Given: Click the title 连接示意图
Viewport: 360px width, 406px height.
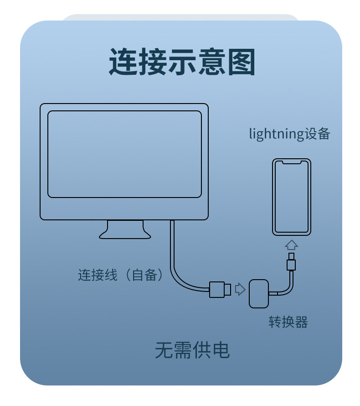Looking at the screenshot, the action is [x=181, y=62].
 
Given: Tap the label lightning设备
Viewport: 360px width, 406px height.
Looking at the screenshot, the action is [x=289, y=134].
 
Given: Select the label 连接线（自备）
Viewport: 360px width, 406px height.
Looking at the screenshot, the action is [x=120, y=275].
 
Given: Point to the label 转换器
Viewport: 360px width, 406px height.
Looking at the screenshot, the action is [x=288, y=322].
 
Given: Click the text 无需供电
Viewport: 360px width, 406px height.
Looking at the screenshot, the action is [x=192, y=350].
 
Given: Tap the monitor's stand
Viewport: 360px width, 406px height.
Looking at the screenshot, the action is [x=125, y=229].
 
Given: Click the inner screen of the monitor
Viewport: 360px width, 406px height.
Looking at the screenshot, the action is [x=124, y=154].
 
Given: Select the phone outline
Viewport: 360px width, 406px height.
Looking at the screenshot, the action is [x=292, y=197].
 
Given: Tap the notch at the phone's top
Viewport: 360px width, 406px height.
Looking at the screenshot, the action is [x=292, y=162].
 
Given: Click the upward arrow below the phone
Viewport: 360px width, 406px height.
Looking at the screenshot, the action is [x=292, y=245].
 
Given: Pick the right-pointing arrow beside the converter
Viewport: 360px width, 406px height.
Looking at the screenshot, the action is [x=240, y=289].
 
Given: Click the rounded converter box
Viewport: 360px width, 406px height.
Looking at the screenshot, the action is [x=259, y=293].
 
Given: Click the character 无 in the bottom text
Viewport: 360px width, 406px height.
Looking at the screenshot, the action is [x=163, y=350].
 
